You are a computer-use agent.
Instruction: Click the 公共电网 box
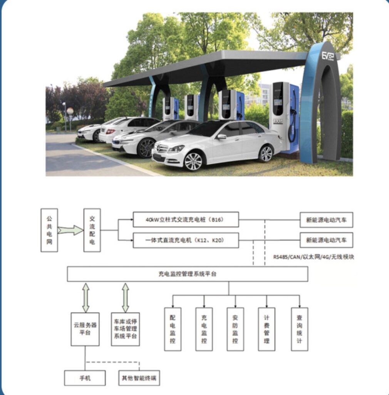[49, 230]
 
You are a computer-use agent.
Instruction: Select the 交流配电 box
[92, 230]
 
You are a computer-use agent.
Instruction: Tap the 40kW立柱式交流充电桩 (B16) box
[186, 219]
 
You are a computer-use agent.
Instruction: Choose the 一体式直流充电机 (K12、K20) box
[186, 240]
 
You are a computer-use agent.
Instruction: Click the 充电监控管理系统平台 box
[187, 274]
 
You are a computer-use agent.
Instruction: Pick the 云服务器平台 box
[85, 329]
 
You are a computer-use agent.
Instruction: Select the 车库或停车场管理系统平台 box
[125, 329]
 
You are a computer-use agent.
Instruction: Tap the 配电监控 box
[173, 329]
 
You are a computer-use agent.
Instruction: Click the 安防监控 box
[235, 329]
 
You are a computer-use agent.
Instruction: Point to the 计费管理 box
[267, 329]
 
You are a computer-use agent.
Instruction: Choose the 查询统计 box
[300, 329]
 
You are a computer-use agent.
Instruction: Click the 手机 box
[85, 378]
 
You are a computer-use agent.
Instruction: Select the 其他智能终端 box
[139, 378]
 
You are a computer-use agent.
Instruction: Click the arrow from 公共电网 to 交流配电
[70, 230]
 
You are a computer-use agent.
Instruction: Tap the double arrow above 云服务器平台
[86, 297]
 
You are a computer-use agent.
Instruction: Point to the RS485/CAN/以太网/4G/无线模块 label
[314, 257]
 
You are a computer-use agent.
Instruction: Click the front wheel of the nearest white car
[193, 161]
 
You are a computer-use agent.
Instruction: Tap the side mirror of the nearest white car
[221, 137]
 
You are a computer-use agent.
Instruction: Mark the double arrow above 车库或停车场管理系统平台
[126, 297]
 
